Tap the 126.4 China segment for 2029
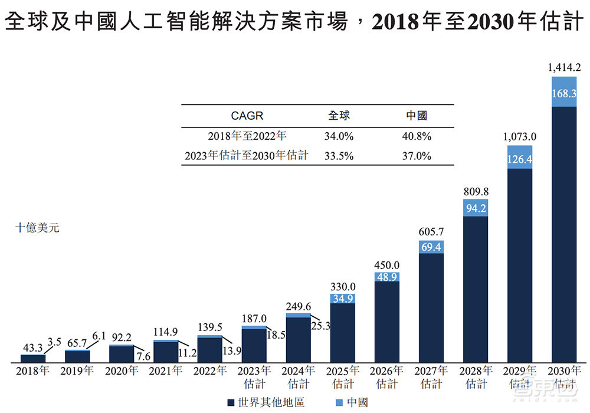pos(520,159)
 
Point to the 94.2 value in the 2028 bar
pos(476,208)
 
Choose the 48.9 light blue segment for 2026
pos(387,277)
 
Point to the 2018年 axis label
pos(33,371)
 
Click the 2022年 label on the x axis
pos(210,371)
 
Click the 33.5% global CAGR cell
pos(339,156)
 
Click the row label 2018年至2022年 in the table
pos(247,136)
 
